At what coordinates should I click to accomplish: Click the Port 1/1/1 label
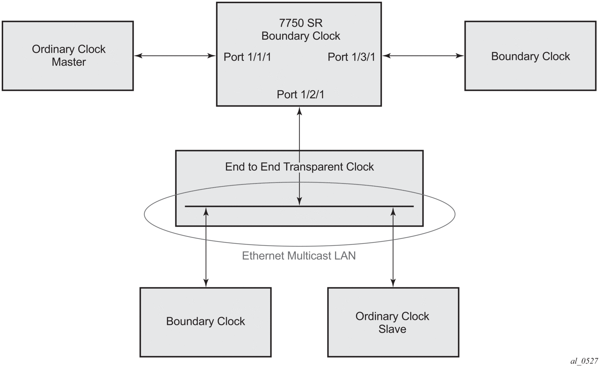(x=247, y=57)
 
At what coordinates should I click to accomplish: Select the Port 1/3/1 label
(x=351, y=57)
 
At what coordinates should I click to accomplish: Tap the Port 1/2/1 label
(x=300, y=94)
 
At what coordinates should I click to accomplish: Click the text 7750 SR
(x=301, y=23)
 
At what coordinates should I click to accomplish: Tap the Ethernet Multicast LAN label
(x=299, y=256)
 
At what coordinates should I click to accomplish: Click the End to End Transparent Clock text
(x=299, y=167)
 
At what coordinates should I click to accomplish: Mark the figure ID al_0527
(x=584, y=361)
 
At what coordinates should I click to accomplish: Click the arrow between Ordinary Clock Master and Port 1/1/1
(x=174, y=56)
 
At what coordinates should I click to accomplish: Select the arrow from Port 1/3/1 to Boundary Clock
(x=423, y=56)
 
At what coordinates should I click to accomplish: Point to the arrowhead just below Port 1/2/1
(x=300, y=111)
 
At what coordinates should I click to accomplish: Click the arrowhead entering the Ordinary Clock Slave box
(x=393, y=283)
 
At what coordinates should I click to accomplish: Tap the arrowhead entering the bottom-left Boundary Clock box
(x=206, y=283)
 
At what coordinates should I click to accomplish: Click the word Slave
(x=392, y=329)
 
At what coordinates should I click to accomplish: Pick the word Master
(x=69, y=62)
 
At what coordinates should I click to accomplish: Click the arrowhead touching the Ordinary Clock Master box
(x=138, y=56)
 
